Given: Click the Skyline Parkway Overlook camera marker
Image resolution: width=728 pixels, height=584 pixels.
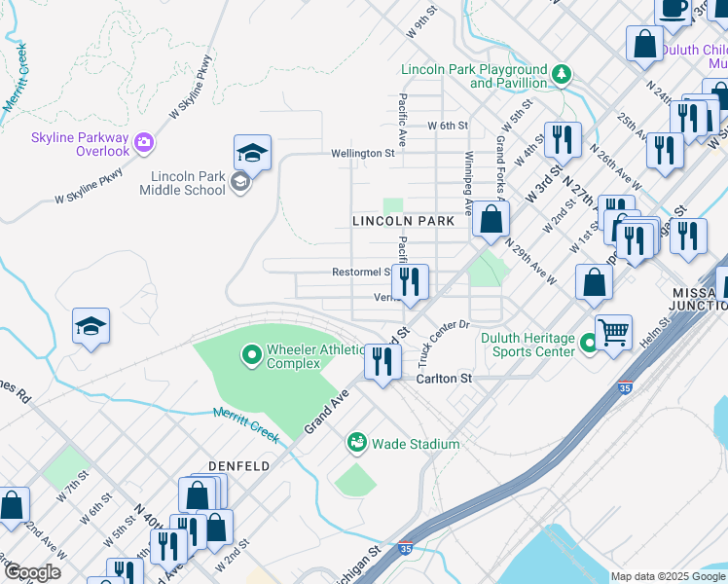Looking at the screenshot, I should pos(145,143).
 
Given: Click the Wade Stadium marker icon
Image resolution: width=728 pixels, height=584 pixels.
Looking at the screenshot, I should pos(356,444).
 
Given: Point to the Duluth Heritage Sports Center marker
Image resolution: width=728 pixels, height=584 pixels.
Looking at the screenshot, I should pos(588,344).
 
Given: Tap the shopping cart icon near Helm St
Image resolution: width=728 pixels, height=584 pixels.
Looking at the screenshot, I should pos(613,332).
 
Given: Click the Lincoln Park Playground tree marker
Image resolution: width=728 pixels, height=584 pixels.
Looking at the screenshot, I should pos(561,75).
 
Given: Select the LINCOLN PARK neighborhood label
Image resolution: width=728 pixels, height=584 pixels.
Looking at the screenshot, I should pos(403,222).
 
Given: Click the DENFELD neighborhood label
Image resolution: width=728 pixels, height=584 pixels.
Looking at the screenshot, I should pos(237,467).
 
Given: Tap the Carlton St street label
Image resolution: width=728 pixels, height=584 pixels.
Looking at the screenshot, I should pos(444,379).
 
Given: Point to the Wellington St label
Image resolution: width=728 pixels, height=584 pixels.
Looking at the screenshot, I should pos(362,153).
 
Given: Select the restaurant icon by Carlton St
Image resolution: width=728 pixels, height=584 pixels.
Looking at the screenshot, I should pos(382,363).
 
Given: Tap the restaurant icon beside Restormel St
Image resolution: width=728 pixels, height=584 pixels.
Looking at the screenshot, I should pos(411,282).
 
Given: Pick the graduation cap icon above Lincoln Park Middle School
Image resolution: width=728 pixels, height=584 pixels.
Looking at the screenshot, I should pos(251,153).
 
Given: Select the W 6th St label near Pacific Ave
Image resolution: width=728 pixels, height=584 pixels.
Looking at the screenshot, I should pos(449,126).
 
